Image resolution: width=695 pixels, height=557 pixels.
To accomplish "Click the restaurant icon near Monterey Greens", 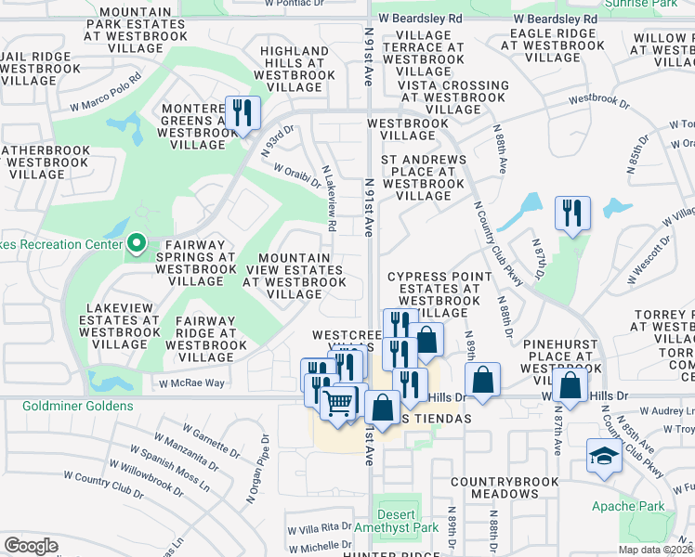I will coord(243,114).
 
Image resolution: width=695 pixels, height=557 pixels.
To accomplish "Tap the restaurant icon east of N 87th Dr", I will coord(571,214).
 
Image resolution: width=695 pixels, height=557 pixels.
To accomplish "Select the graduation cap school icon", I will coord(603,456).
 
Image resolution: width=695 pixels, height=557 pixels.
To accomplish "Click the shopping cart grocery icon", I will coord(339,402).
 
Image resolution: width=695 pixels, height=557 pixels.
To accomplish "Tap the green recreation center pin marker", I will coord(137,244).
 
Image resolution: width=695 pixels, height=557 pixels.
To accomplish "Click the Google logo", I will coord(31,545).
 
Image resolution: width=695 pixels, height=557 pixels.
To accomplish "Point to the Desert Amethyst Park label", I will coord(398,519).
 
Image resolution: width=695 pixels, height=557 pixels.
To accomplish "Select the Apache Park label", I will coord(627,506).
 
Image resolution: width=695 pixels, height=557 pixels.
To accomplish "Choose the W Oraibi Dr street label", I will coord(297,174).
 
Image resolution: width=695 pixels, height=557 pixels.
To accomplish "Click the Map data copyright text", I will coord(656,550).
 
